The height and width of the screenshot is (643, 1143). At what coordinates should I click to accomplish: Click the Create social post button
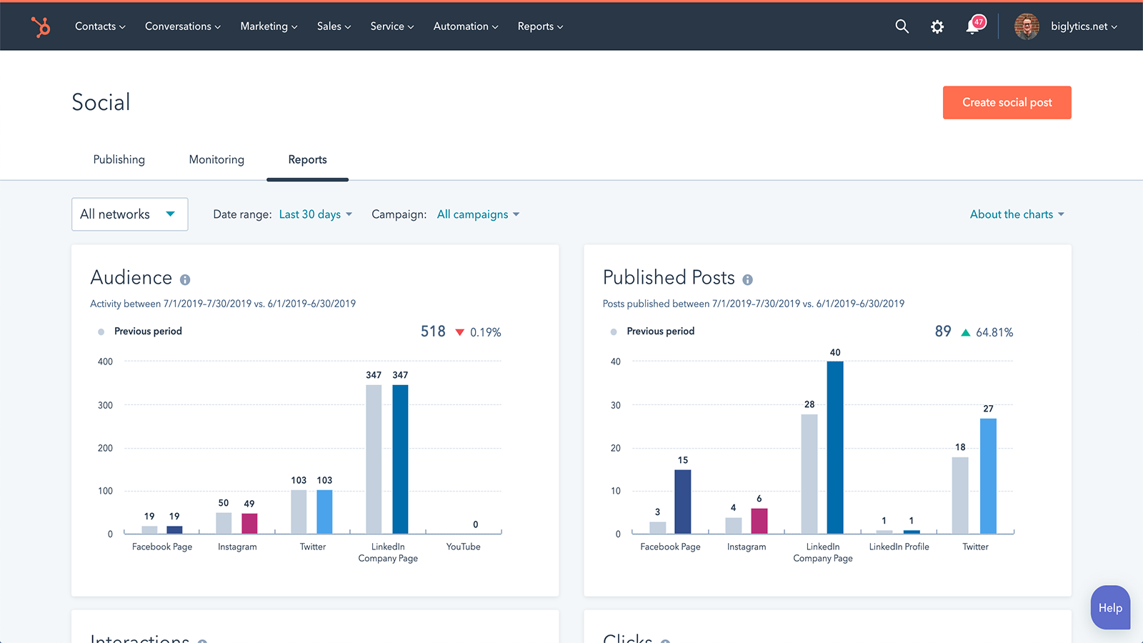click(1007, 103)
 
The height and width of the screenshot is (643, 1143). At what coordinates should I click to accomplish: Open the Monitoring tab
click(216, 159)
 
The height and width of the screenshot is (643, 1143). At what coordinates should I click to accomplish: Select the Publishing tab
click(119, 159)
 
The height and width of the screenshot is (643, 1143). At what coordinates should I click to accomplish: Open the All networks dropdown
click(129, 214)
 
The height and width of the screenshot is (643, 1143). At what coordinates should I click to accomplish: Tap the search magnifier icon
click(902, 26)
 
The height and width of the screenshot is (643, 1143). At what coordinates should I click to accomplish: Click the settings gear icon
click(937, 26)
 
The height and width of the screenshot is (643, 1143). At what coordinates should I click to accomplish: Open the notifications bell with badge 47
click(973, 26)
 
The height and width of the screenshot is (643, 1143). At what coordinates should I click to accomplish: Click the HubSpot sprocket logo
click(41, 26)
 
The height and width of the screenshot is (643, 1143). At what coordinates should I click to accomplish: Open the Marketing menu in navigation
click(269, 26)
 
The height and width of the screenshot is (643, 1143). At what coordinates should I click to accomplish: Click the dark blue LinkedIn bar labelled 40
click(835, 447)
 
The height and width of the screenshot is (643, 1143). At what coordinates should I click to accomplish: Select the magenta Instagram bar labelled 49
click(249, 524)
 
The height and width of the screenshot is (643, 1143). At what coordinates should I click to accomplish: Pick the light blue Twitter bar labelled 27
click(988, 476)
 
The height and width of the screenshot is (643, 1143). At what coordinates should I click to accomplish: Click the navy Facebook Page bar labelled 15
click(683, 502)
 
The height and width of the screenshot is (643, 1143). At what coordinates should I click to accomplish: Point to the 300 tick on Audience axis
click(106, 405)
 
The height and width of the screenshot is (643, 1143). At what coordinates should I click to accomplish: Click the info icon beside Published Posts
click(747, 280)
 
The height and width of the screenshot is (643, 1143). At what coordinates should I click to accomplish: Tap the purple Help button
click(1110, 608)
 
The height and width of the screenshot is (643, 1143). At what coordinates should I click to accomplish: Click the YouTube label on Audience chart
click(463, 547)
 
